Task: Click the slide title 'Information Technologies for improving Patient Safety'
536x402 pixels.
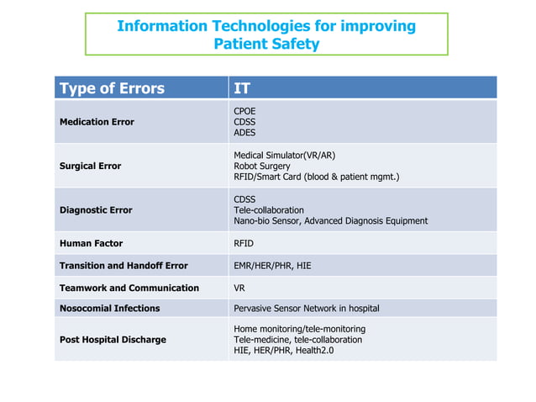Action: click(266, 34)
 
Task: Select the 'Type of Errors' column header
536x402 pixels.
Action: click(111, 88)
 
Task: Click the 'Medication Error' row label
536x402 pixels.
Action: click(97, 122)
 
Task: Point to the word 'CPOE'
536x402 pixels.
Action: click(244, 111)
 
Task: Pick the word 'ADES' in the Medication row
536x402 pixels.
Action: click(244, 133)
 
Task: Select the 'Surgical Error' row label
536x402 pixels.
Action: click(90, 166)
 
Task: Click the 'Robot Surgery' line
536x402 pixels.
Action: click(263, 166)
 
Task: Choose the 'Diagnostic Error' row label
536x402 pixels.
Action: click(95, 210)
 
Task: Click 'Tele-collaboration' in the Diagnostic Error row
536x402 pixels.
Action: click(269, 210)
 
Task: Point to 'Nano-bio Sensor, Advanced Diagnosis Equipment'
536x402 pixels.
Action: click(330, 221)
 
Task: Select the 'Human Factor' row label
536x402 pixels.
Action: click(91, 243)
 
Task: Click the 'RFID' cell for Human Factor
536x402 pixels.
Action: click(244, 243)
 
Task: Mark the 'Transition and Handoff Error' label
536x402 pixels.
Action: click(123, 266)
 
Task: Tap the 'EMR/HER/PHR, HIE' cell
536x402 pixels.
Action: click(272, 266)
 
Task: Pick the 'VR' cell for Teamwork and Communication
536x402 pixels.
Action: click(239, 288)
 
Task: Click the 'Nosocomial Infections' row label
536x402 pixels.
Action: click(109, 309)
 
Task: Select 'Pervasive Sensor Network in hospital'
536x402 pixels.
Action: click(306, 309)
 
